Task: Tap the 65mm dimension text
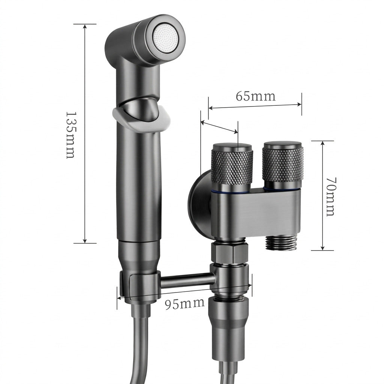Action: [x=255, y=96]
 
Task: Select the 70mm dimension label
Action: [x=331, y=196]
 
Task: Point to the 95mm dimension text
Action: [x=184, y=304]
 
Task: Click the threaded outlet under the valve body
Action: [x=281, y=243]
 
